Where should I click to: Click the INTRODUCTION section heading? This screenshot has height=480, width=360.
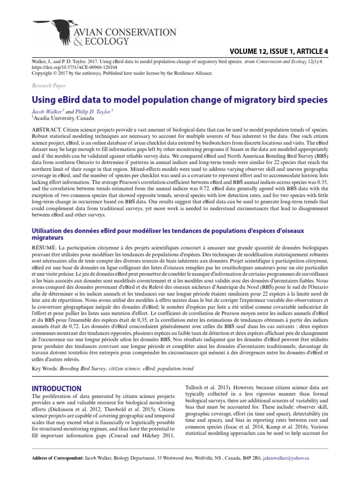pyautogui.click(x=56, y=389)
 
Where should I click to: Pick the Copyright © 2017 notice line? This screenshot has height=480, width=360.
pyautogui.click(x=121, y=73)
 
